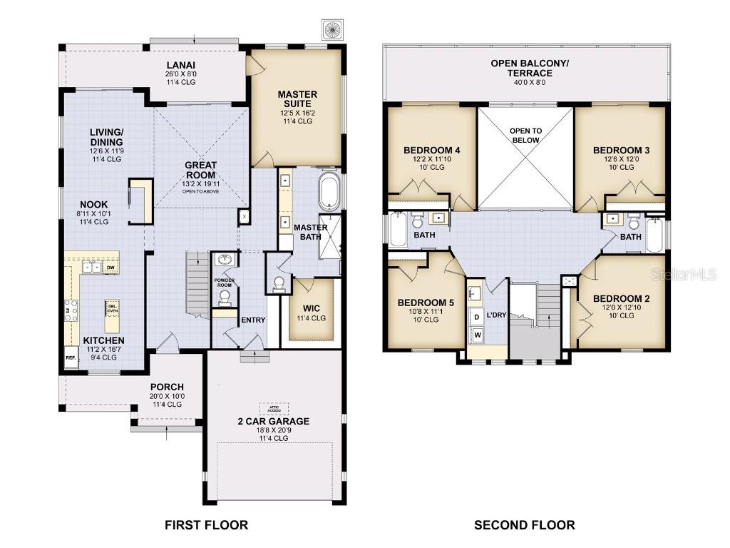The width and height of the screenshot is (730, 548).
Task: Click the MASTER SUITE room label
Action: point(297,99)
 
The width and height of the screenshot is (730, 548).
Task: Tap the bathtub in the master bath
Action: point(329,191)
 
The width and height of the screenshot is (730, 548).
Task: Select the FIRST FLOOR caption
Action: point(206,525)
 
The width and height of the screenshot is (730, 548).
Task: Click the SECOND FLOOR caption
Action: point(525,525)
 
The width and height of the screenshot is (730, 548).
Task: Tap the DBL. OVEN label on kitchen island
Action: point(113,308)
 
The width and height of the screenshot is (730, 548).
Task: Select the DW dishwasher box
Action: point(110,268)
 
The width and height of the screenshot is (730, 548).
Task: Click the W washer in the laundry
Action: point(477,333)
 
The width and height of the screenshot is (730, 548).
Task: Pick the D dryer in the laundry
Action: point(476,315)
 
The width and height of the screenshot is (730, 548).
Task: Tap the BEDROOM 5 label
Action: point(426,303)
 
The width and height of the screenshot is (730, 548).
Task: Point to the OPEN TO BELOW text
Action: point(525,136)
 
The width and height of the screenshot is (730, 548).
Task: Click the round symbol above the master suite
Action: point(332,29)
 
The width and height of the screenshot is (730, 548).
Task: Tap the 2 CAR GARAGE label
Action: point(274,421)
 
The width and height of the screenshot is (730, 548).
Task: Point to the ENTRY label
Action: point(253,320)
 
